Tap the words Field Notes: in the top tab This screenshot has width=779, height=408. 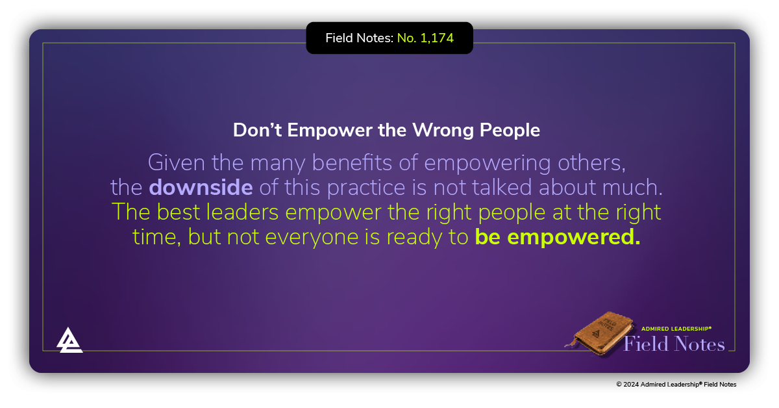click(359, 38)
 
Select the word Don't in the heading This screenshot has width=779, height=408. click(258, 130)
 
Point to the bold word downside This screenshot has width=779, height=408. click(201, 187)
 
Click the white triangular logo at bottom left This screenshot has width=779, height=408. click(69, 340)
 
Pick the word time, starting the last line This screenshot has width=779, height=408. click(156, 237)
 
